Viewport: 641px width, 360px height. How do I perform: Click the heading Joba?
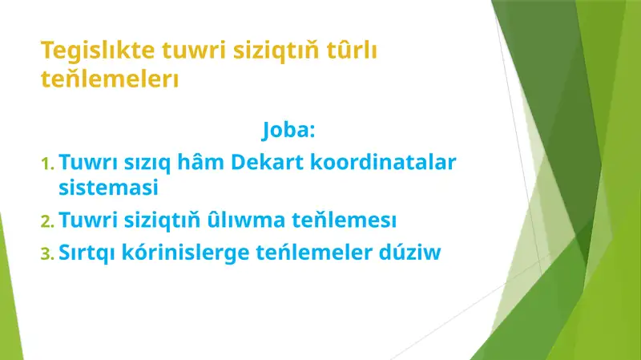288,129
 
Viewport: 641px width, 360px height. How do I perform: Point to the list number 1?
46,164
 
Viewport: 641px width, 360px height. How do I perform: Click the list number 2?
47,220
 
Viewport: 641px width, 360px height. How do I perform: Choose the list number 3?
47,253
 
